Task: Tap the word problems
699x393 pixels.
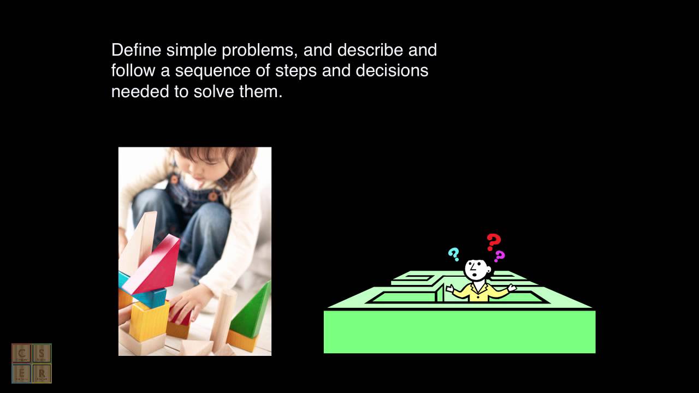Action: coord(259,51)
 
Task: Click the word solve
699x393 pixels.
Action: coord(214,91)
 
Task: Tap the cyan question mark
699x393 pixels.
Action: coord(453,254)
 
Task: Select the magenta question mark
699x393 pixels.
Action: coord(499,256)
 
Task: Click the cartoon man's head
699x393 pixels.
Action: coord(476,269)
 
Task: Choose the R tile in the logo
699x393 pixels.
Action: coord(42,373)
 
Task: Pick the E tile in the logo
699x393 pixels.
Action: coord(22,373)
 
